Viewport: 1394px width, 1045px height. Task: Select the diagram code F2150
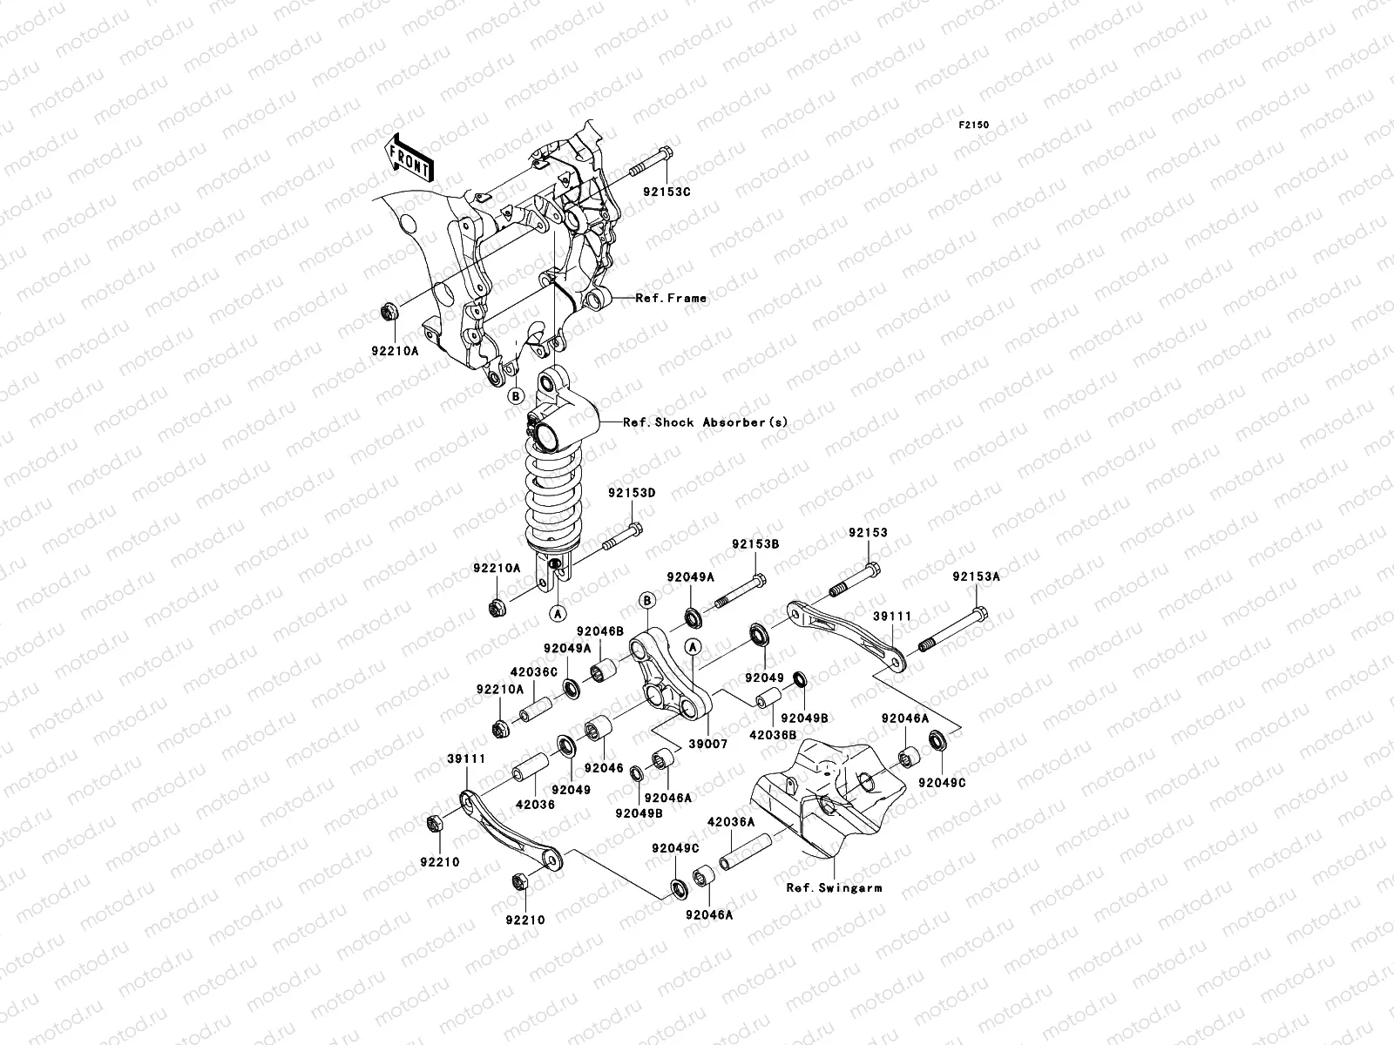click(974, 125)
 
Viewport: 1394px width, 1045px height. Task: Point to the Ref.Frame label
click(671, 298)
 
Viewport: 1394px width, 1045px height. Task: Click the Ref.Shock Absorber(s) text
click(705, 422)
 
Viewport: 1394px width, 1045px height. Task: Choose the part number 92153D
click(632, 493)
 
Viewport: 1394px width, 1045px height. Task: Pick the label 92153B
click(755, 544)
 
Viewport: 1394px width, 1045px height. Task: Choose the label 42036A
click(730, 821)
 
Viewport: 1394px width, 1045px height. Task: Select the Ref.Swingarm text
click(834, 888)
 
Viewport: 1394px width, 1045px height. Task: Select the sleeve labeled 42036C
click(536, 710)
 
